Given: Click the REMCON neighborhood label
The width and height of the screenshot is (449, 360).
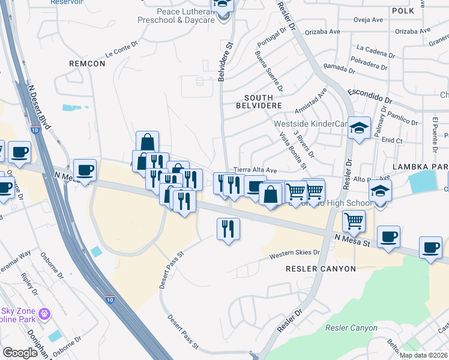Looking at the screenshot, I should point(87,62).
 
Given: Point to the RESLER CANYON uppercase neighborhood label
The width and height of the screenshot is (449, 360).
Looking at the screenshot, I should point(321,269).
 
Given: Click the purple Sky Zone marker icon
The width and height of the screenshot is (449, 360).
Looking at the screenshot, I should point(43,314).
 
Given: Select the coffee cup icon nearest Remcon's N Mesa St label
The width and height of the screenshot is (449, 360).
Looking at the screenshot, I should point(84,170).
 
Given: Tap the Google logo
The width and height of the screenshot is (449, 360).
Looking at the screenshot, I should point(20,353).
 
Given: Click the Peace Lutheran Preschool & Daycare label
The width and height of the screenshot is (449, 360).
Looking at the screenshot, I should point(185,16).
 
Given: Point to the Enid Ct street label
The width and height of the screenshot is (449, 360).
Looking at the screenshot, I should point(392,140).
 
